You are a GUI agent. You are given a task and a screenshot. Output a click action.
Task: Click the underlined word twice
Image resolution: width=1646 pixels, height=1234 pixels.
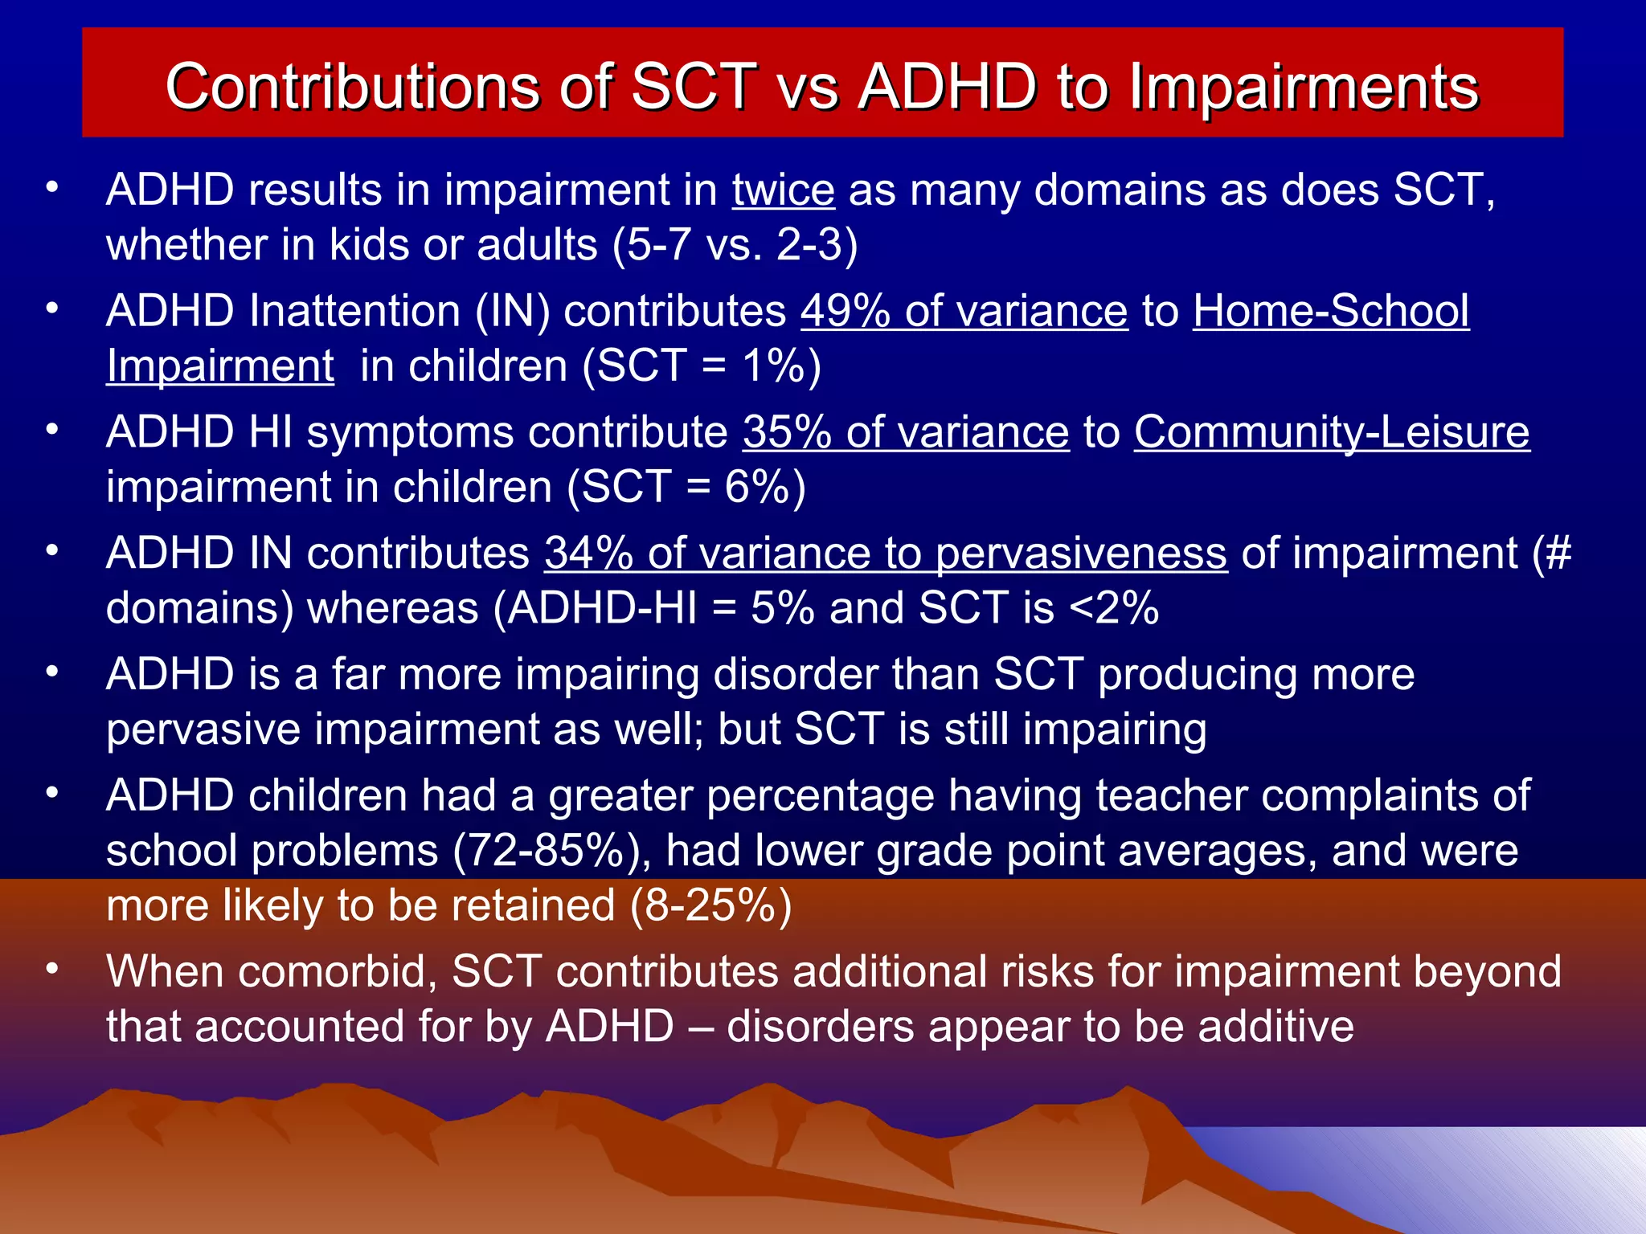(783, 190)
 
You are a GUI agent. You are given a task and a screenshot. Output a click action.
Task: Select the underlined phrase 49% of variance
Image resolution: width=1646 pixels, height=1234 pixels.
(964, 312)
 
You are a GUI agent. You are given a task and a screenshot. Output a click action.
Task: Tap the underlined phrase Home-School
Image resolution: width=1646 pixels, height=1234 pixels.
(1331, 312)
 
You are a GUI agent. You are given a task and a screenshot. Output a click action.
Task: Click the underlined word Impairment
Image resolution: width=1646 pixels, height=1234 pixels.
(220, 366)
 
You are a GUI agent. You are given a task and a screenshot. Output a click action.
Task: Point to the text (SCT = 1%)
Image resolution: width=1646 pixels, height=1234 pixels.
(701, 366)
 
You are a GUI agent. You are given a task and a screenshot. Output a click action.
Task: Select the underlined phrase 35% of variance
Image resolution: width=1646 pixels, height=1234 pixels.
(906, 433)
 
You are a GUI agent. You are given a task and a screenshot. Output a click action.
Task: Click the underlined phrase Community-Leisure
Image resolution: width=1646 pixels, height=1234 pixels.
(1332, 433)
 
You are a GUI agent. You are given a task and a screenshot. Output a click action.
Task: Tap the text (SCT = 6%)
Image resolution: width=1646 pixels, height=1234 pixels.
(686, 488)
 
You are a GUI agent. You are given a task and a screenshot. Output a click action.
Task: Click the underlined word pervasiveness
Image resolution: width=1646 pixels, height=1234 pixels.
(1081, 554)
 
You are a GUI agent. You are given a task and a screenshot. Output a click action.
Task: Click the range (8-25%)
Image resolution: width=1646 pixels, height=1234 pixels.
(710, 906)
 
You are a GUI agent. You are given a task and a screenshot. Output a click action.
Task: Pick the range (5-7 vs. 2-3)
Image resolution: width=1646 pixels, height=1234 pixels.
(735, 245)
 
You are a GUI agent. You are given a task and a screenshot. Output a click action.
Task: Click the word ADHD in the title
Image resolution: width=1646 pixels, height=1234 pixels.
(948, 87)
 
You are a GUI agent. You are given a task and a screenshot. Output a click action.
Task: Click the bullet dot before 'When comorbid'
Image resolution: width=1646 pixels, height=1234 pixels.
(52, 969)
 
